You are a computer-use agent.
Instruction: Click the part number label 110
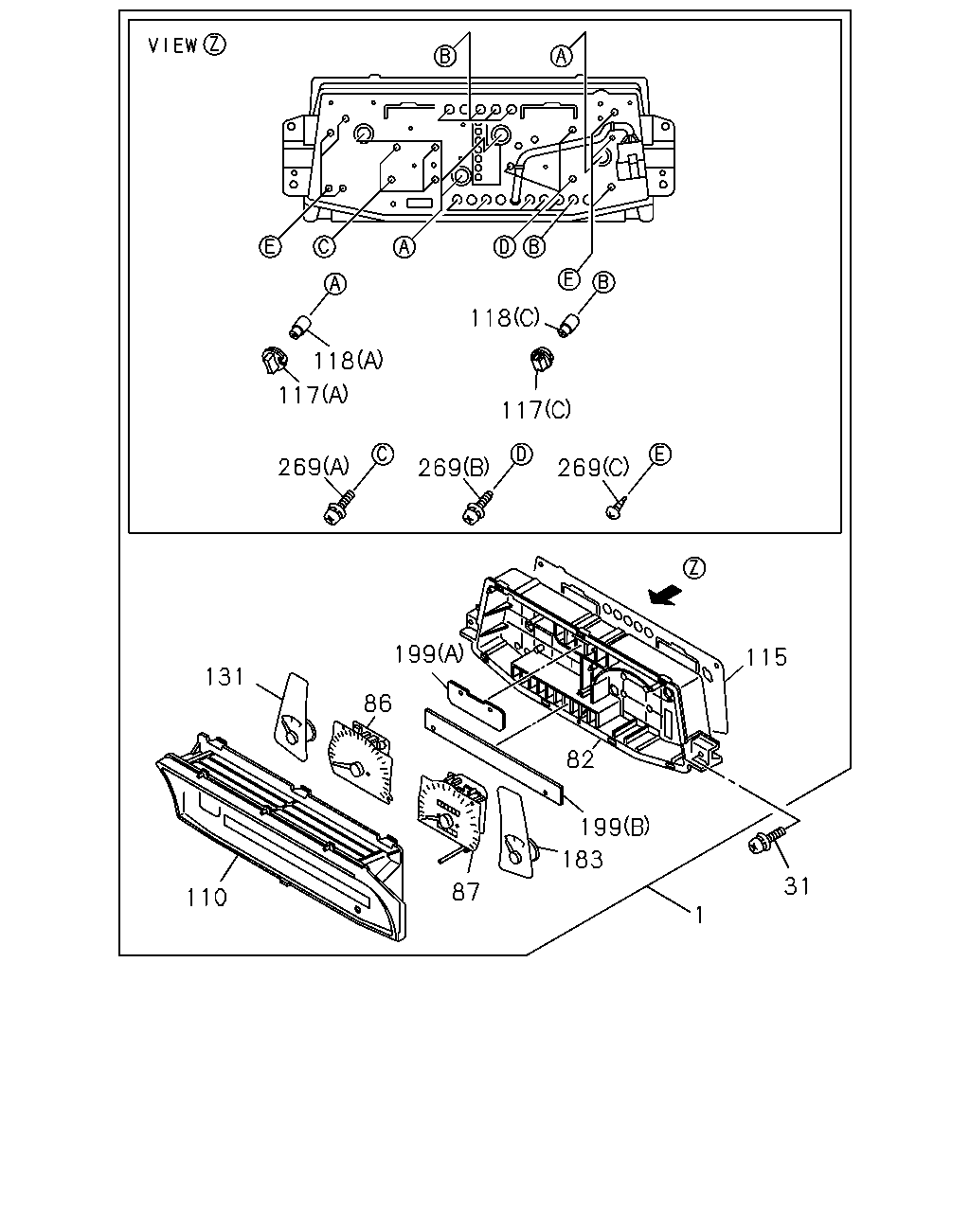207,898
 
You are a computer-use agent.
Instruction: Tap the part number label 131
225,676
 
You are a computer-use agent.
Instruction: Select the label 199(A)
429,654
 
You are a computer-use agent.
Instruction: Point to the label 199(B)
615,827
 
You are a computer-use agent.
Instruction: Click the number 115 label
766,657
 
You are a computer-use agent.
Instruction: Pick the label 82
581,759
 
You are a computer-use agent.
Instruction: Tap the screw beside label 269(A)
339,507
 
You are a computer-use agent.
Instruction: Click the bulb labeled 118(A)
301,327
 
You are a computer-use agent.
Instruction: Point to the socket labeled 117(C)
543,359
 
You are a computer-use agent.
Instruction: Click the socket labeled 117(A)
275,361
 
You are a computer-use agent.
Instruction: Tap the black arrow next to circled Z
665,596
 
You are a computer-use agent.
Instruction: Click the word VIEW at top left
173,45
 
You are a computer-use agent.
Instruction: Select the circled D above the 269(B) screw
521,454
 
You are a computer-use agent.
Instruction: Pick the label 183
583,860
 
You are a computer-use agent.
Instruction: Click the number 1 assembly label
699,916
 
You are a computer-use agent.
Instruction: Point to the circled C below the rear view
324,246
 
